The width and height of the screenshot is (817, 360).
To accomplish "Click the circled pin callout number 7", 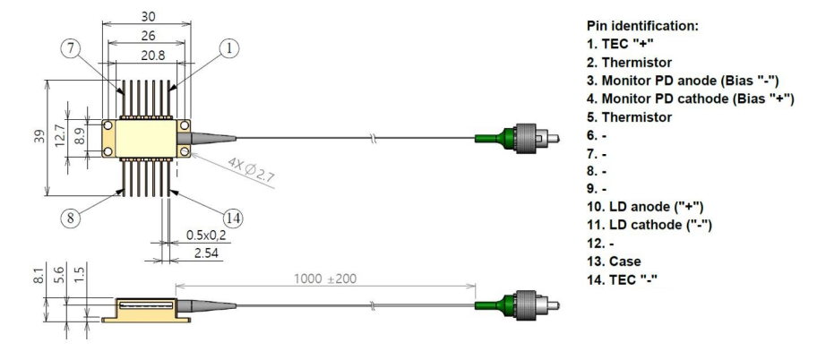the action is [x=71, y=48].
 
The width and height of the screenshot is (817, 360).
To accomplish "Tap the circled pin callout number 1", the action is [x=228, y=48].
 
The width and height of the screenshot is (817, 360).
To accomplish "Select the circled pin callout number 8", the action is [x=71, y=218].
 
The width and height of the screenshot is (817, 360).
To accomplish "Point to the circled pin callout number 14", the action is [x=234, y=218].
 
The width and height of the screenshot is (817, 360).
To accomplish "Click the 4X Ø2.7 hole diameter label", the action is [x=251, y=170].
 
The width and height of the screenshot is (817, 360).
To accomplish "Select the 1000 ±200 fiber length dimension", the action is [x=325, y=279].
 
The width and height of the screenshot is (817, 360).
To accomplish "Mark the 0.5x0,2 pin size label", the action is [x=206, y=236].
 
